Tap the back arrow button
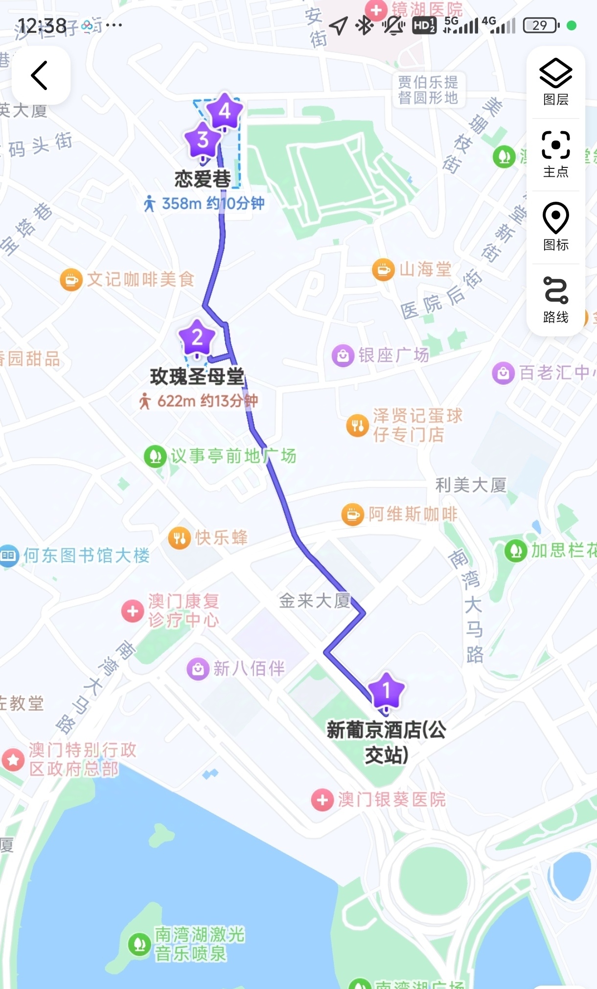tap(40, 75)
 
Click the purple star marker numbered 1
tap(386, 690)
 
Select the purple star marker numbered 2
tap(197, 337)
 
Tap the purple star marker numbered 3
tap(203, 140)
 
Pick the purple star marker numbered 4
tap(225, 111)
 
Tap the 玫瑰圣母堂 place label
tap(197, 376)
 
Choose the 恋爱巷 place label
tap(203, 179)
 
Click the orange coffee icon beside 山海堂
tap(383, 269)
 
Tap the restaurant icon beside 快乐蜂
tap(179, 538)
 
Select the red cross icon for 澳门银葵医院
tap(322, 800)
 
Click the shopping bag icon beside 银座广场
tap(343, 355)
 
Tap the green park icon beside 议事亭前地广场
tap(155, 456)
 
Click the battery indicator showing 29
tap(540, 25)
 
